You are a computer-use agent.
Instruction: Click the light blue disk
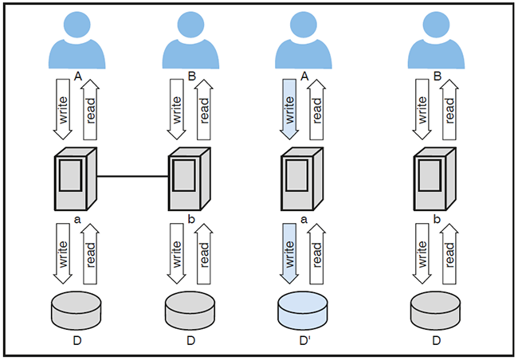[x=304, y=310]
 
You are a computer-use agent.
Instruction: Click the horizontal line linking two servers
[x=131, y=176]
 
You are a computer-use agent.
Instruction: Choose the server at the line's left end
[x=74, y=176]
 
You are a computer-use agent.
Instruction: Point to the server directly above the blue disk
[x=303, y=176]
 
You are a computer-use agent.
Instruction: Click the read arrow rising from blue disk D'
[x=316, y=253]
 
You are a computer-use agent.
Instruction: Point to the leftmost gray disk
[x=77, y=310]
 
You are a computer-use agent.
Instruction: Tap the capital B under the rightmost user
[x=436, y=76]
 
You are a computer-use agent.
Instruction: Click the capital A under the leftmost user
[x=77, y=76]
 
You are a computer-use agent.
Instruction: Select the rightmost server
[x=434, y=176]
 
